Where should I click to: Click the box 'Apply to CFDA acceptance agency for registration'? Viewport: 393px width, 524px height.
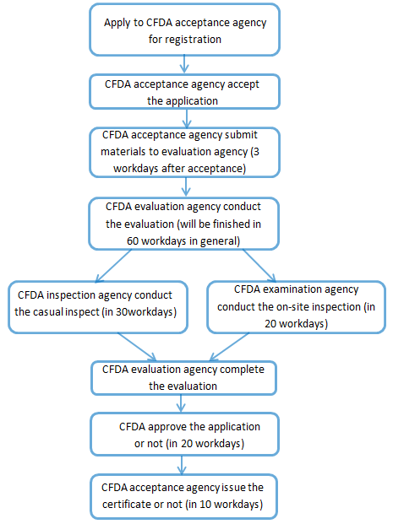coord(184,30)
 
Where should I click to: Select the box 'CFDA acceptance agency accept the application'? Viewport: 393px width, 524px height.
coord(184,92)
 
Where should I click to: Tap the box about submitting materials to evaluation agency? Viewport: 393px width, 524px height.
coord(184,152)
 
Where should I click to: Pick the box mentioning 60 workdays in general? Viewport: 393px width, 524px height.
coord(183,224)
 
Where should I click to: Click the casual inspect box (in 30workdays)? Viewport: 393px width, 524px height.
coord(98,307)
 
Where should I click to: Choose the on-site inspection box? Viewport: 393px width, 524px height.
coord(297,307)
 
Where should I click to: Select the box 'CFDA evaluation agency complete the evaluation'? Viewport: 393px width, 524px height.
coord(183,378)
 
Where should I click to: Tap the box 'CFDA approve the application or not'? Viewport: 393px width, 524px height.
coord(184,434)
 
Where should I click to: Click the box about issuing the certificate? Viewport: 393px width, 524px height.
coord(183,497)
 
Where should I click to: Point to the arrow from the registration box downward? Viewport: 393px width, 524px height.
coord(184,64)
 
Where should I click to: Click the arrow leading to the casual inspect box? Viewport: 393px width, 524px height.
coord(113,266)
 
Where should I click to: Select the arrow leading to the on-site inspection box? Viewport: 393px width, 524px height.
coord(259,266)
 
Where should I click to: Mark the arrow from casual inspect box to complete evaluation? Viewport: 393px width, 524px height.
coord(137,347)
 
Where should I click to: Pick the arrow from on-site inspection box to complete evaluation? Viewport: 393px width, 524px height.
coord(229,347)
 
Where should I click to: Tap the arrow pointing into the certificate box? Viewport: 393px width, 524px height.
coord(182,465)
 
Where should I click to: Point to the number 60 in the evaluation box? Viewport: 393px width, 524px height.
coord(133,241)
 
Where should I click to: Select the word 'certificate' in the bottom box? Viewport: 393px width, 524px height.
coord(128,504)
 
